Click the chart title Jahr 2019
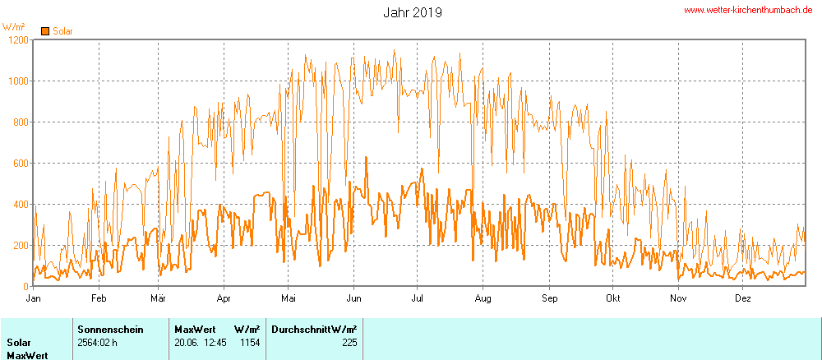pyautogui.click(x=413, y=12)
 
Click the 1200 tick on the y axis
pyautogui.click(x=16, y=40)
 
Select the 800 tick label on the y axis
pyautogui.click(x=19, y=122)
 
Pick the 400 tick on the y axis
pyautogui.click(x=19, y=205)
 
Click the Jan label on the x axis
pyautogui.click(x=34, y=298)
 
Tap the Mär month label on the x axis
pyautogui.click(x=159, y=298)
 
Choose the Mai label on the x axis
pyautogui.click(x=288, y=298)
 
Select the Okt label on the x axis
pyautogui.click(x=612, y=298)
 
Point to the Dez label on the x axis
pyautogui.click(x=742, y=298)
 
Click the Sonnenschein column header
pyautogui.click(x=110, y=329)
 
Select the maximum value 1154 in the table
pyautogui.click(x=249, y=343)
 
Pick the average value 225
pyautogui.click(x=349, y=343)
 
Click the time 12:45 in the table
pyautogui.click(x=215, y=343)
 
